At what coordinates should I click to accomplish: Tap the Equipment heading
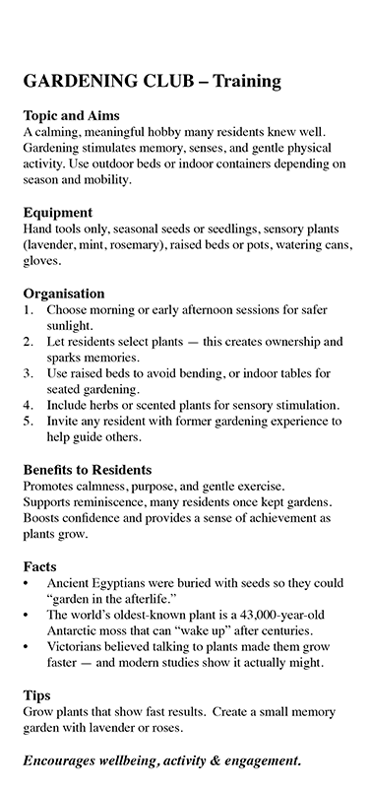point(58,212)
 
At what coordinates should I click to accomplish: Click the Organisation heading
point(63,293)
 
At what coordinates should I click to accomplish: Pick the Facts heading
point(39,566)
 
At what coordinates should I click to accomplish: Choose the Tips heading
point(35,694)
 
